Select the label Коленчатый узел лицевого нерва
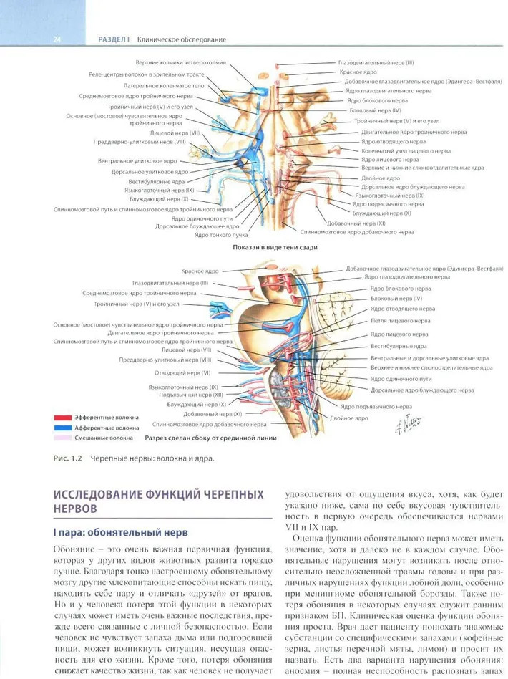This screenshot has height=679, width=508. click(406, 151)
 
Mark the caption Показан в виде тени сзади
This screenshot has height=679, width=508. click(275, 247)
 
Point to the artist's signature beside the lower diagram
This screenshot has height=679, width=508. click(414, 425)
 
